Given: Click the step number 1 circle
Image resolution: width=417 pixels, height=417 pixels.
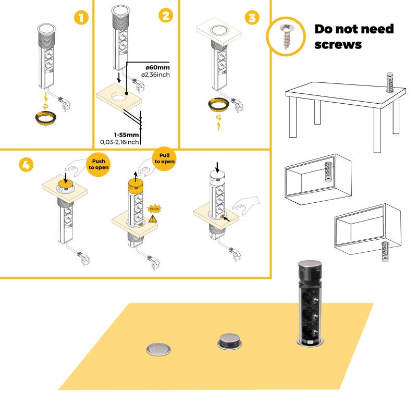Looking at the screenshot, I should [x=80, y=18].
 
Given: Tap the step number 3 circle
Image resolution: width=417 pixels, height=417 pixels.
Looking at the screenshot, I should [x=252, y=18].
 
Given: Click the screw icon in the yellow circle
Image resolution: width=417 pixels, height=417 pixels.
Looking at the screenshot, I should [x=285, y=36].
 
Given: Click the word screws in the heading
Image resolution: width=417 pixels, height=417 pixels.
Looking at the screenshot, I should [x=337, y=45].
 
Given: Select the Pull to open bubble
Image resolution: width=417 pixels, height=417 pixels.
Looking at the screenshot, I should [x=164, y=158].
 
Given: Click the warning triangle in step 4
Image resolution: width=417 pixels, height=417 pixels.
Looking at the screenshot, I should [x=153, y=219].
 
